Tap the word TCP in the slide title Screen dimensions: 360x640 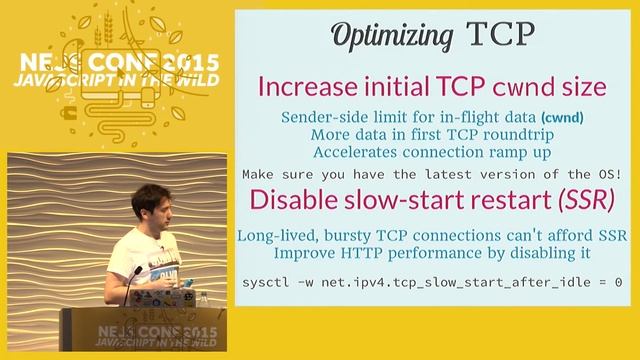(x=500, y=36)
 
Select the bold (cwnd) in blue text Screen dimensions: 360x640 (x=561, y=118)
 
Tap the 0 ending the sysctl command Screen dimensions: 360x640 (x=618, y=284)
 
